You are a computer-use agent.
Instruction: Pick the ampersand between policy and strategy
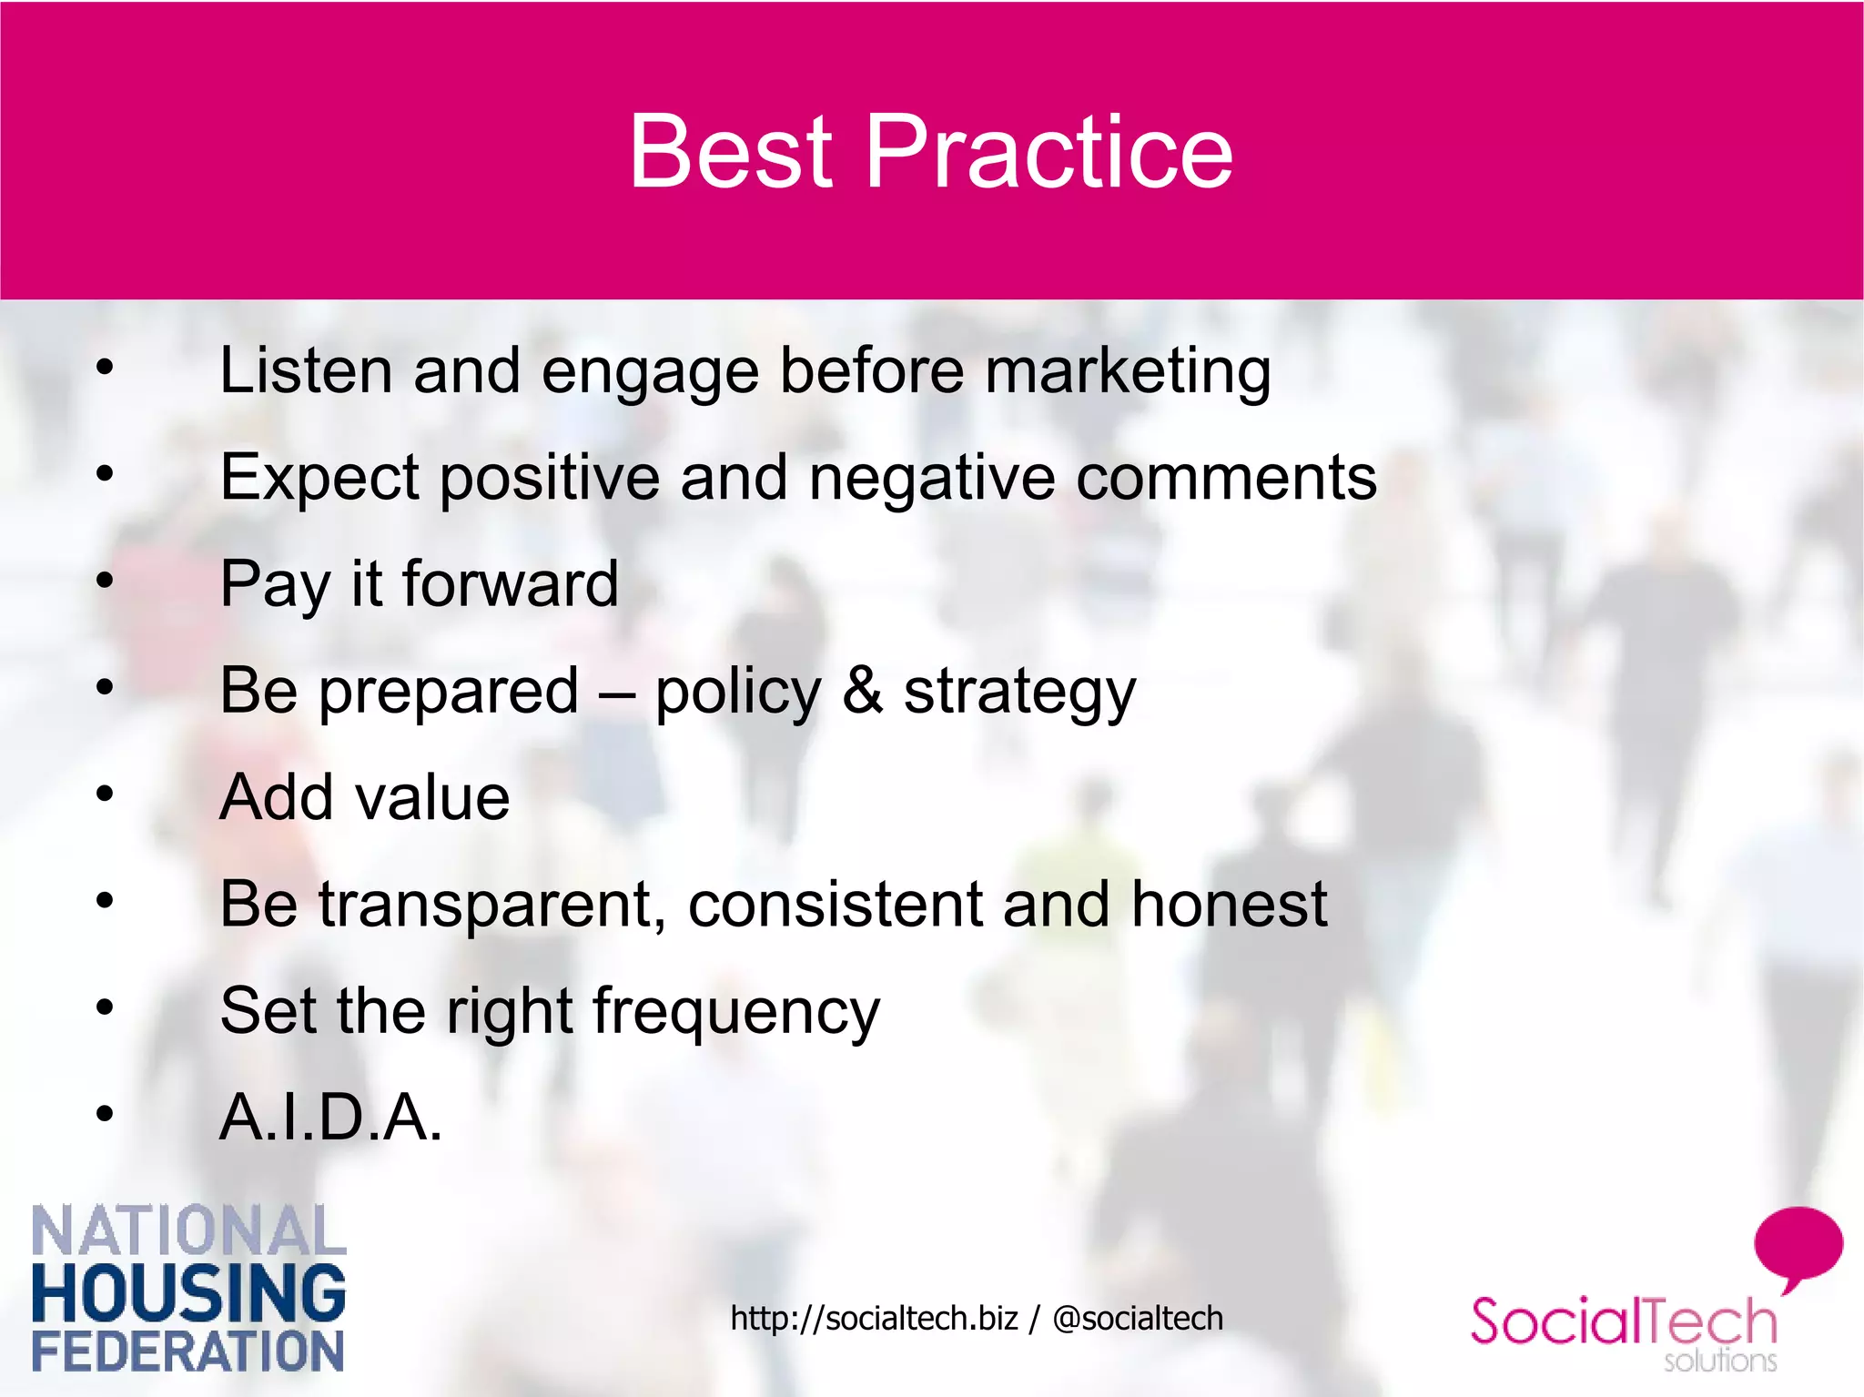(862, 690)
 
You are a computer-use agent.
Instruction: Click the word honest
(1229, 904)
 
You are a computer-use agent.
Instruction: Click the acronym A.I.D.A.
(330, 1117)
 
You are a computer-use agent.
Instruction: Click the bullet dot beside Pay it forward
(106, 580)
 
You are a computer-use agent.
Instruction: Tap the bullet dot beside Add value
(106, 794)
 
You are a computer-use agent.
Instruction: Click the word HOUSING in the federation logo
(188, 1292)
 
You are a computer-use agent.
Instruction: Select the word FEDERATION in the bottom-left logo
(188, 1351)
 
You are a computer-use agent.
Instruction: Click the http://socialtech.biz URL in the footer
(873, 1318)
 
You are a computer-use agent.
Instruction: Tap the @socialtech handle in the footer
(1138, 1318)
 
